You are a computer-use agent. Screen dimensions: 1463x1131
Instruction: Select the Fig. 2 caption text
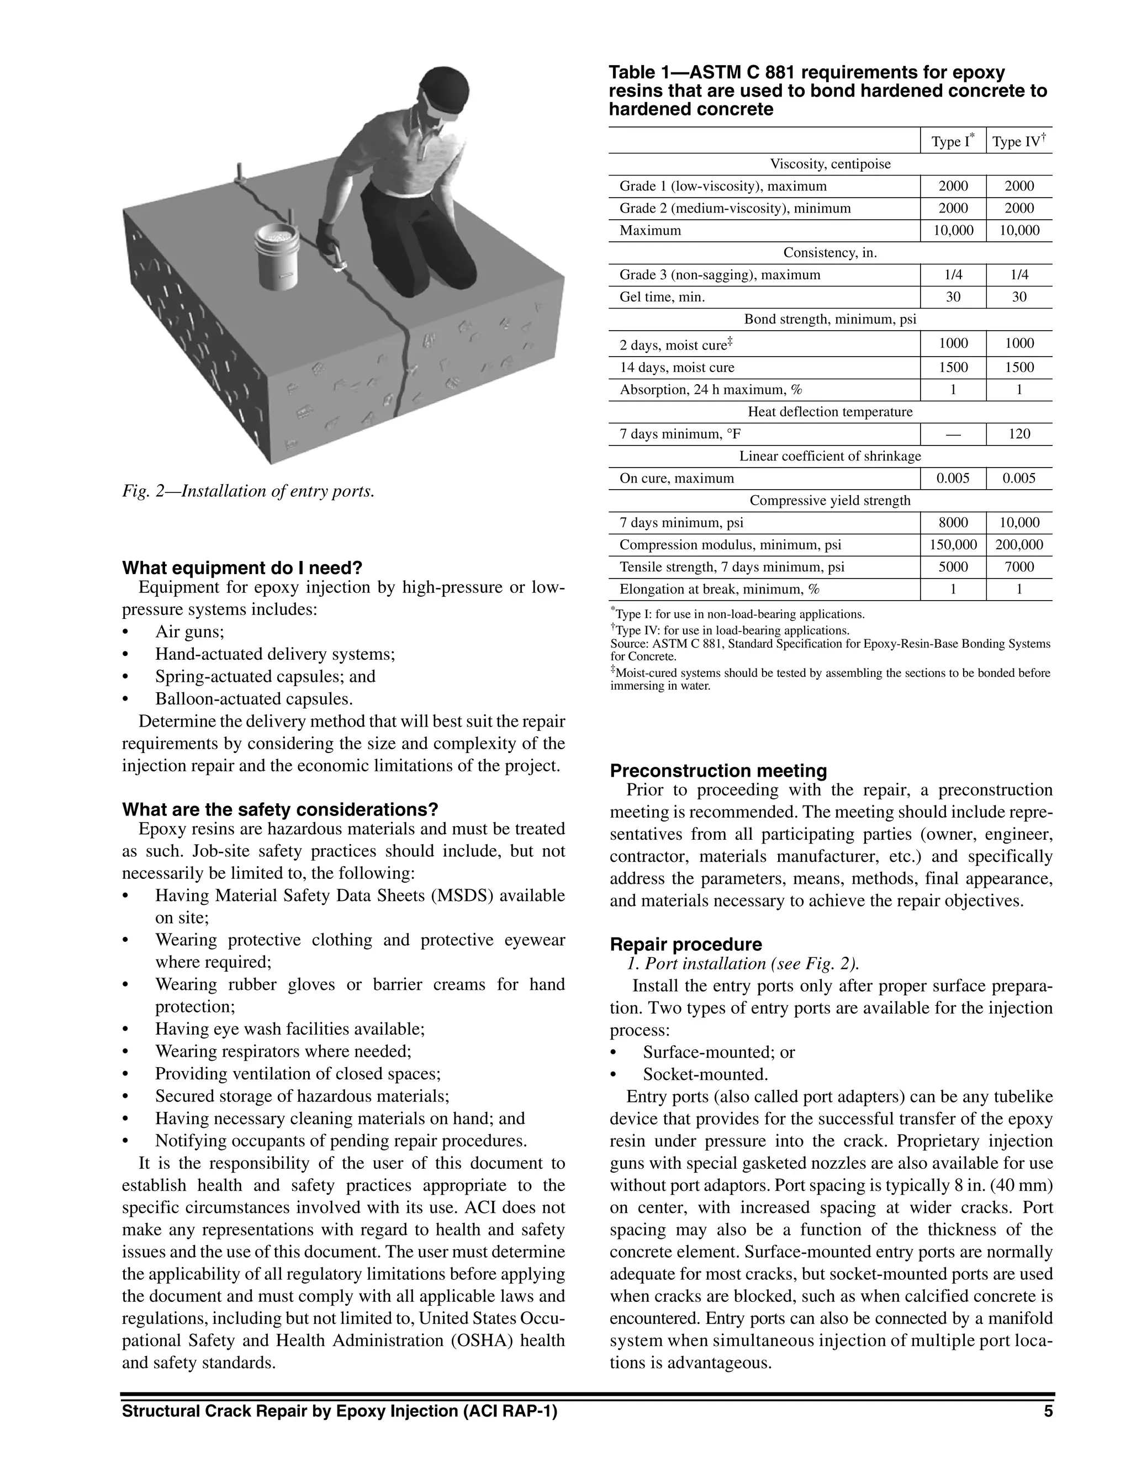tap(248, 491)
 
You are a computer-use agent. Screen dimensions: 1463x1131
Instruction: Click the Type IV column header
tap(1019, 141)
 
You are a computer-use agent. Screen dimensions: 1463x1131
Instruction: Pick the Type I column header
tap(953, 141)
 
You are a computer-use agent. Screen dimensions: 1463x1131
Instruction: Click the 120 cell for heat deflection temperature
tap(1019, 434)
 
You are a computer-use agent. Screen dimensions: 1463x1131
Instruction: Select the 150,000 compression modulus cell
tap(953, 545)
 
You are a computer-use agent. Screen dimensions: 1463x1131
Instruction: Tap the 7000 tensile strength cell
tap(1019, 568)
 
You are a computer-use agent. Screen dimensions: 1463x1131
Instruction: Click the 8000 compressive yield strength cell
tap(953, 522)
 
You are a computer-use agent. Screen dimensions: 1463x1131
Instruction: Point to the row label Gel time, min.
tap(662, 297)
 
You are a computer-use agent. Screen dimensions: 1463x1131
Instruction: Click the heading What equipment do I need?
tap(242, 568)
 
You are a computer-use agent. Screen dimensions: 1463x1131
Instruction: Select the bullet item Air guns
tap(189, 632)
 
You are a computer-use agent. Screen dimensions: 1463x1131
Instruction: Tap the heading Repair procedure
tap(685, 945)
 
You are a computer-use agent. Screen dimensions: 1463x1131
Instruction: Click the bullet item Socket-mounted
tap(705, 1074)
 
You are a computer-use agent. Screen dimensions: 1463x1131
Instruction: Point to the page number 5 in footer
tap(1048, 1412)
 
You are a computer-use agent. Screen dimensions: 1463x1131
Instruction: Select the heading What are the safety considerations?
tap(280, 810)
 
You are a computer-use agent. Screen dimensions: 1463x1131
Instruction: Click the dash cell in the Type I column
tap(953, 434)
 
